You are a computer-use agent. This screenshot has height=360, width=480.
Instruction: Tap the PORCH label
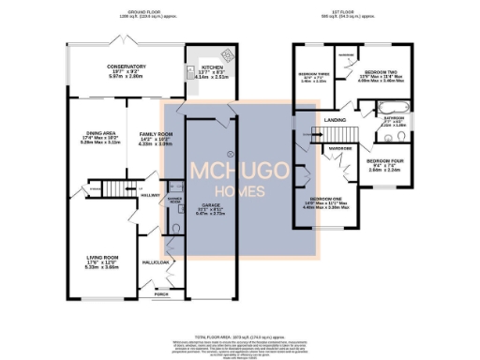[161, 293]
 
